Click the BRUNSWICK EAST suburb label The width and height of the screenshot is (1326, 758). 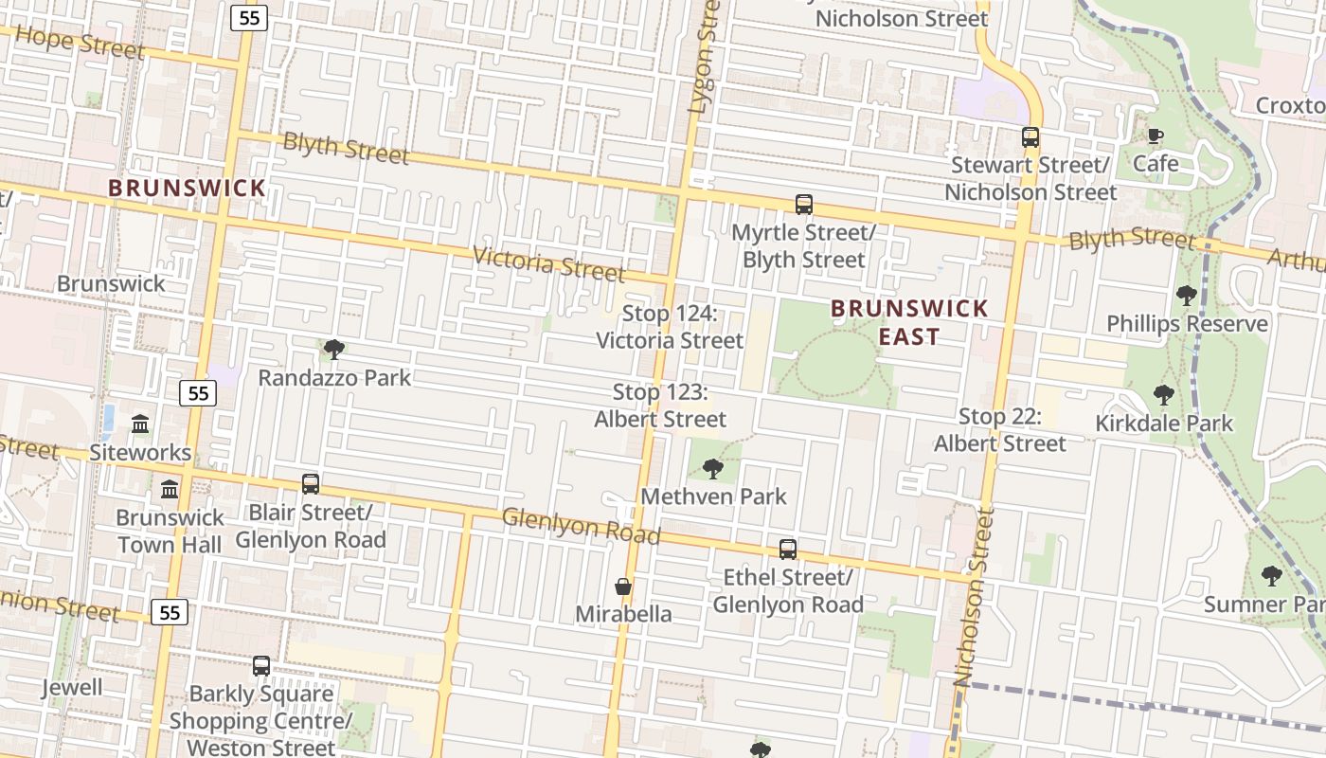tap(909, 322)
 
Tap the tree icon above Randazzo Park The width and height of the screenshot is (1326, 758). tap(333, 350)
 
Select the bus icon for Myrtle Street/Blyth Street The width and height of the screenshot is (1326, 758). tap(804, 204)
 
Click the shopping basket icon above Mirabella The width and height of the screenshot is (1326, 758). tap(623, 587)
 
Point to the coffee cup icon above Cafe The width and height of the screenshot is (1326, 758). tap(1156, 136)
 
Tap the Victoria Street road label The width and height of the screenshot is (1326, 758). tap(548, 264)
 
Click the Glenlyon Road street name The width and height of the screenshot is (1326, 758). tap(581, 526)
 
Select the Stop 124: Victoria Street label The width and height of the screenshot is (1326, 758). tap(670, 327)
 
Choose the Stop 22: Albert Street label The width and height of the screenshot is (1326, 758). tap(1000, 429)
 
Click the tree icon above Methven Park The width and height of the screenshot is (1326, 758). tap(713, 468)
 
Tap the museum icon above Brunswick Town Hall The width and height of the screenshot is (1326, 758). tap(170, 489)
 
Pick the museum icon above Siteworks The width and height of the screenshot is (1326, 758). tap(140, 424)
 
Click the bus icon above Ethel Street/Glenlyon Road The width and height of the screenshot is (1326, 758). tap(788, 549)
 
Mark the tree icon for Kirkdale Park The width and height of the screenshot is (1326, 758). tap(1164, 395)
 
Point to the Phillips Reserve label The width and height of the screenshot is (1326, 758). tap(1187, 324)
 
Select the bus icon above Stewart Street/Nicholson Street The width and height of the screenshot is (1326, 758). tap(1030, 137)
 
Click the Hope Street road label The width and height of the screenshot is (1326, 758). tap(81, 43)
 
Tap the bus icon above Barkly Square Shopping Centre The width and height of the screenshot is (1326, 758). tap(261, 665)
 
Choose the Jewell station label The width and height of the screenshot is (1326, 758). tap(71, 687)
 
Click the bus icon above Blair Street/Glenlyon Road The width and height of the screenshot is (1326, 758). tap(311, 484)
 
